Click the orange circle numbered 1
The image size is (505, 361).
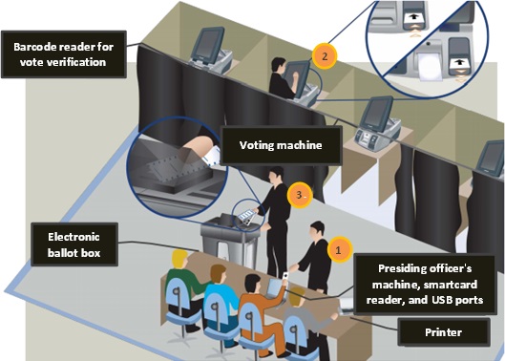[x=336, y=247]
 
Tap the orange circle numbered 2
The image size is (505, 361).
[x=326, y=56]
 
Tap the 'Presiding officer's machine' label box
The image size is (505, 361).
[x=426, y=284]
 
